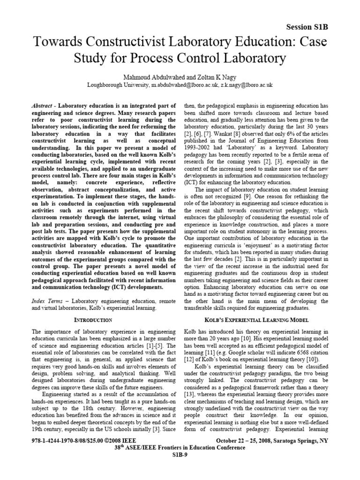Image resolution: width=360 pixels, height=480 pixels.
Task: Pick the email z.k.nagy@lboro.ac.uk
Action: click(x=243, y=85)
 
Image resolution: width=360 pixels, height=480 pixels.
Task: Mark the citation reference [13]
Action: click(x=190, y=385)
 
